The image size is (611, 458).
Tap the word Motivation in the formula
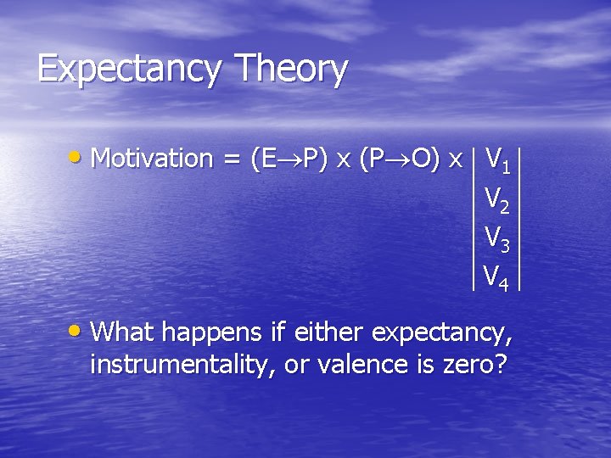click(151, 158)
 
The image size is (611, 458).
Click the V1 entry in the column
click(496, 159)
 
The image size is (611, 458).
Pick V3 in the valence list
click(496, 237)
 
